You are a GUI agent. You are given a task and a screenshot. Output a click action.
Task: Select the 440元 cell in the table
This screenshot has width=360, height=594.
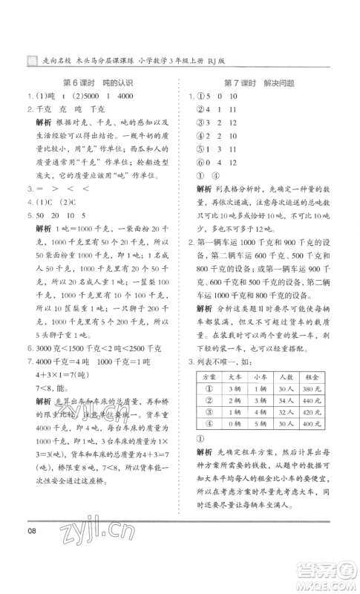click(316, 411)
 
